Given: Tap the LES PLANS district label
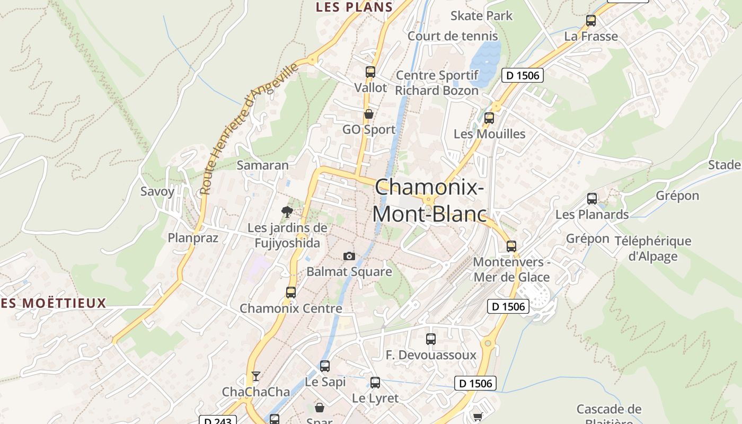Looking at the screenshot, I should click(354, 7).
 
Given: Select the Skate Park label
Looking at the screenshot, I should click(481, 16).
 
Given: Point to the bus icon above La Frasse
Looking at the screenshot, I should click(591, 21).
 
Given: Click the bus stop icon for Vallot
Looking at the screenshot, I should click(370, 72).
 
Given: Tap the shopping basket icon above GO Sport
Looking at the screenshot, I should click(369, 114).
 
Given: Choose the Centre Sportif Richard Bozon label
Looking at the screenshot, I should click(437, 83).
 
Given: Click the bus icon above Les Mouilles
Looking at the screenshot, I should click(489, 118).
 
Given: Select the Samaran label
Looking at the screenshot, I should click(263, 165).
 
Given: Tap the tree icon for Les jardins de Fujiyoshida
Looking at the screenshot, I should click(287, 212).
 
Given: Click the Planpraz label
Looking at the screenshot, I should click(193, 238).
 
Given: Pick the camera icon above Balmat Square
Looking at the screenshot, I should click(349, 257).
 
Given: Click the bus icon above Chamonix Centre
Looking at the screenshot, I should click(290, 292).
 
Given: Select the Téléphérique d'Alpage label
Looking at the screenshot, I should click(653, 249).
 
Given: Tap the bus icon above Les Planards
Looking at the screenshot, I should click(592, 199).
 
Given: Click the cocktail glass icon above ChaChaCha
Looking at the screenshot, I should click(256, 376).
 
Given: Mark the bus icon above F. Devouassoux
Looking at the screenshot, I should click(431, 339).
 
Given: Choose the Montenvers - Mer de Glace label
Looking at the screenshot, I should click(511, 269).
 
